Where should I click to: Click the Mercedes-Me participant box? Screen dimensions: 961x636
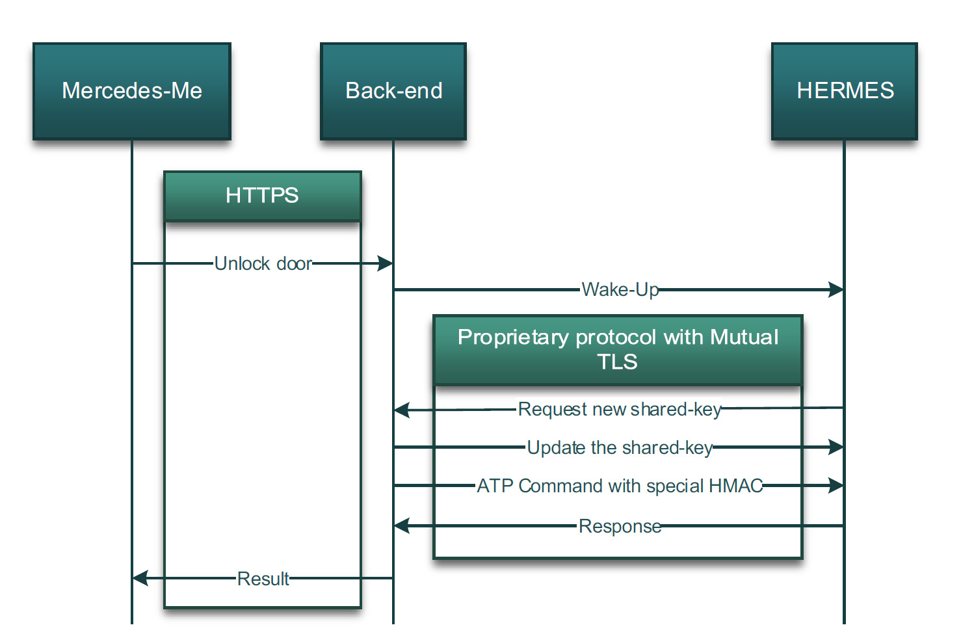click(x=132, y=92)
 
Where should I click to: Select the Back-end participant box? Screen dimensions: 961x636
click(x=393, y=92)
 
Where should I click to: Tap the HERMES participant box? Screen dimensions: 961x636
click(x=845, y=92)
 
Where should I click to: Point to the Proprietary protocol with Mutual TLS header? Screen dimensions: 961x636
click(x=618, y=350)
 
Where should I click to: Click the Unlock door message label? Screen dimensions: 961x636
click(x=263, y=263)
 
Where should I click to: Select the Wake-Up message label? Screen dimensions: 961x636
click(x=620, y=290)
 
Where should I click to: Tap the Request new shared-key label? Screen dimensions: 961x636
click(x=620, y=410)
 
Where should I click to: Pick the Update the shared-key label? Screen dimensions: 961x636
click(x=620, y=447)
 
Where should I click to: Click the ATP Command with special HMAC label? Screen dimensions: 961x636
click(x=620, y=486)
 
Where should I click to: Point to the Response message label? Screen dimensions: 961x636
click(x=620, y=526)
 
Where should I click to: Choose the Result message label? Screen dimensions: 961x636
click(x=263, y=579)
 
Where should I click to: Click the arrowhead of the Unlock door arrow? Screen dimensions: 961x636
click(x=385, y=263)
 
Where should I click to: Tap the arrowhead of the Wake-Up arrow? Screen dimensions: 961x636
click(x=836, y=289)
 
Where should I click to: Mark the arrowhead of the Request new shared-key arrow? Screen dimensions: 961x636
click(x=402, y=410)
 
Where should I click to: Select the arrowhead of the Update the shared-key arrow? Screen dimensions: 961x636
click(x=836, y=447)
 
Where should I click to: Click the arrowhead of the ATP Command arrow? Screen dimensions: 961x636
click(x=836, y=485)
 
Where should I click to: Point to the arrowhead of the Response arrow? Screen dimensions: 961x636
click(x=402, y=525)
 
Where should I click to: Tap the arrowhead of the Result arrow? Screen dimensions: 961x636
click(x=140, y=578)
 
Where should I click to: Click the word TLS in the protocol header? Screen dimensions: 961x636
click(x=617, y=362)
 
